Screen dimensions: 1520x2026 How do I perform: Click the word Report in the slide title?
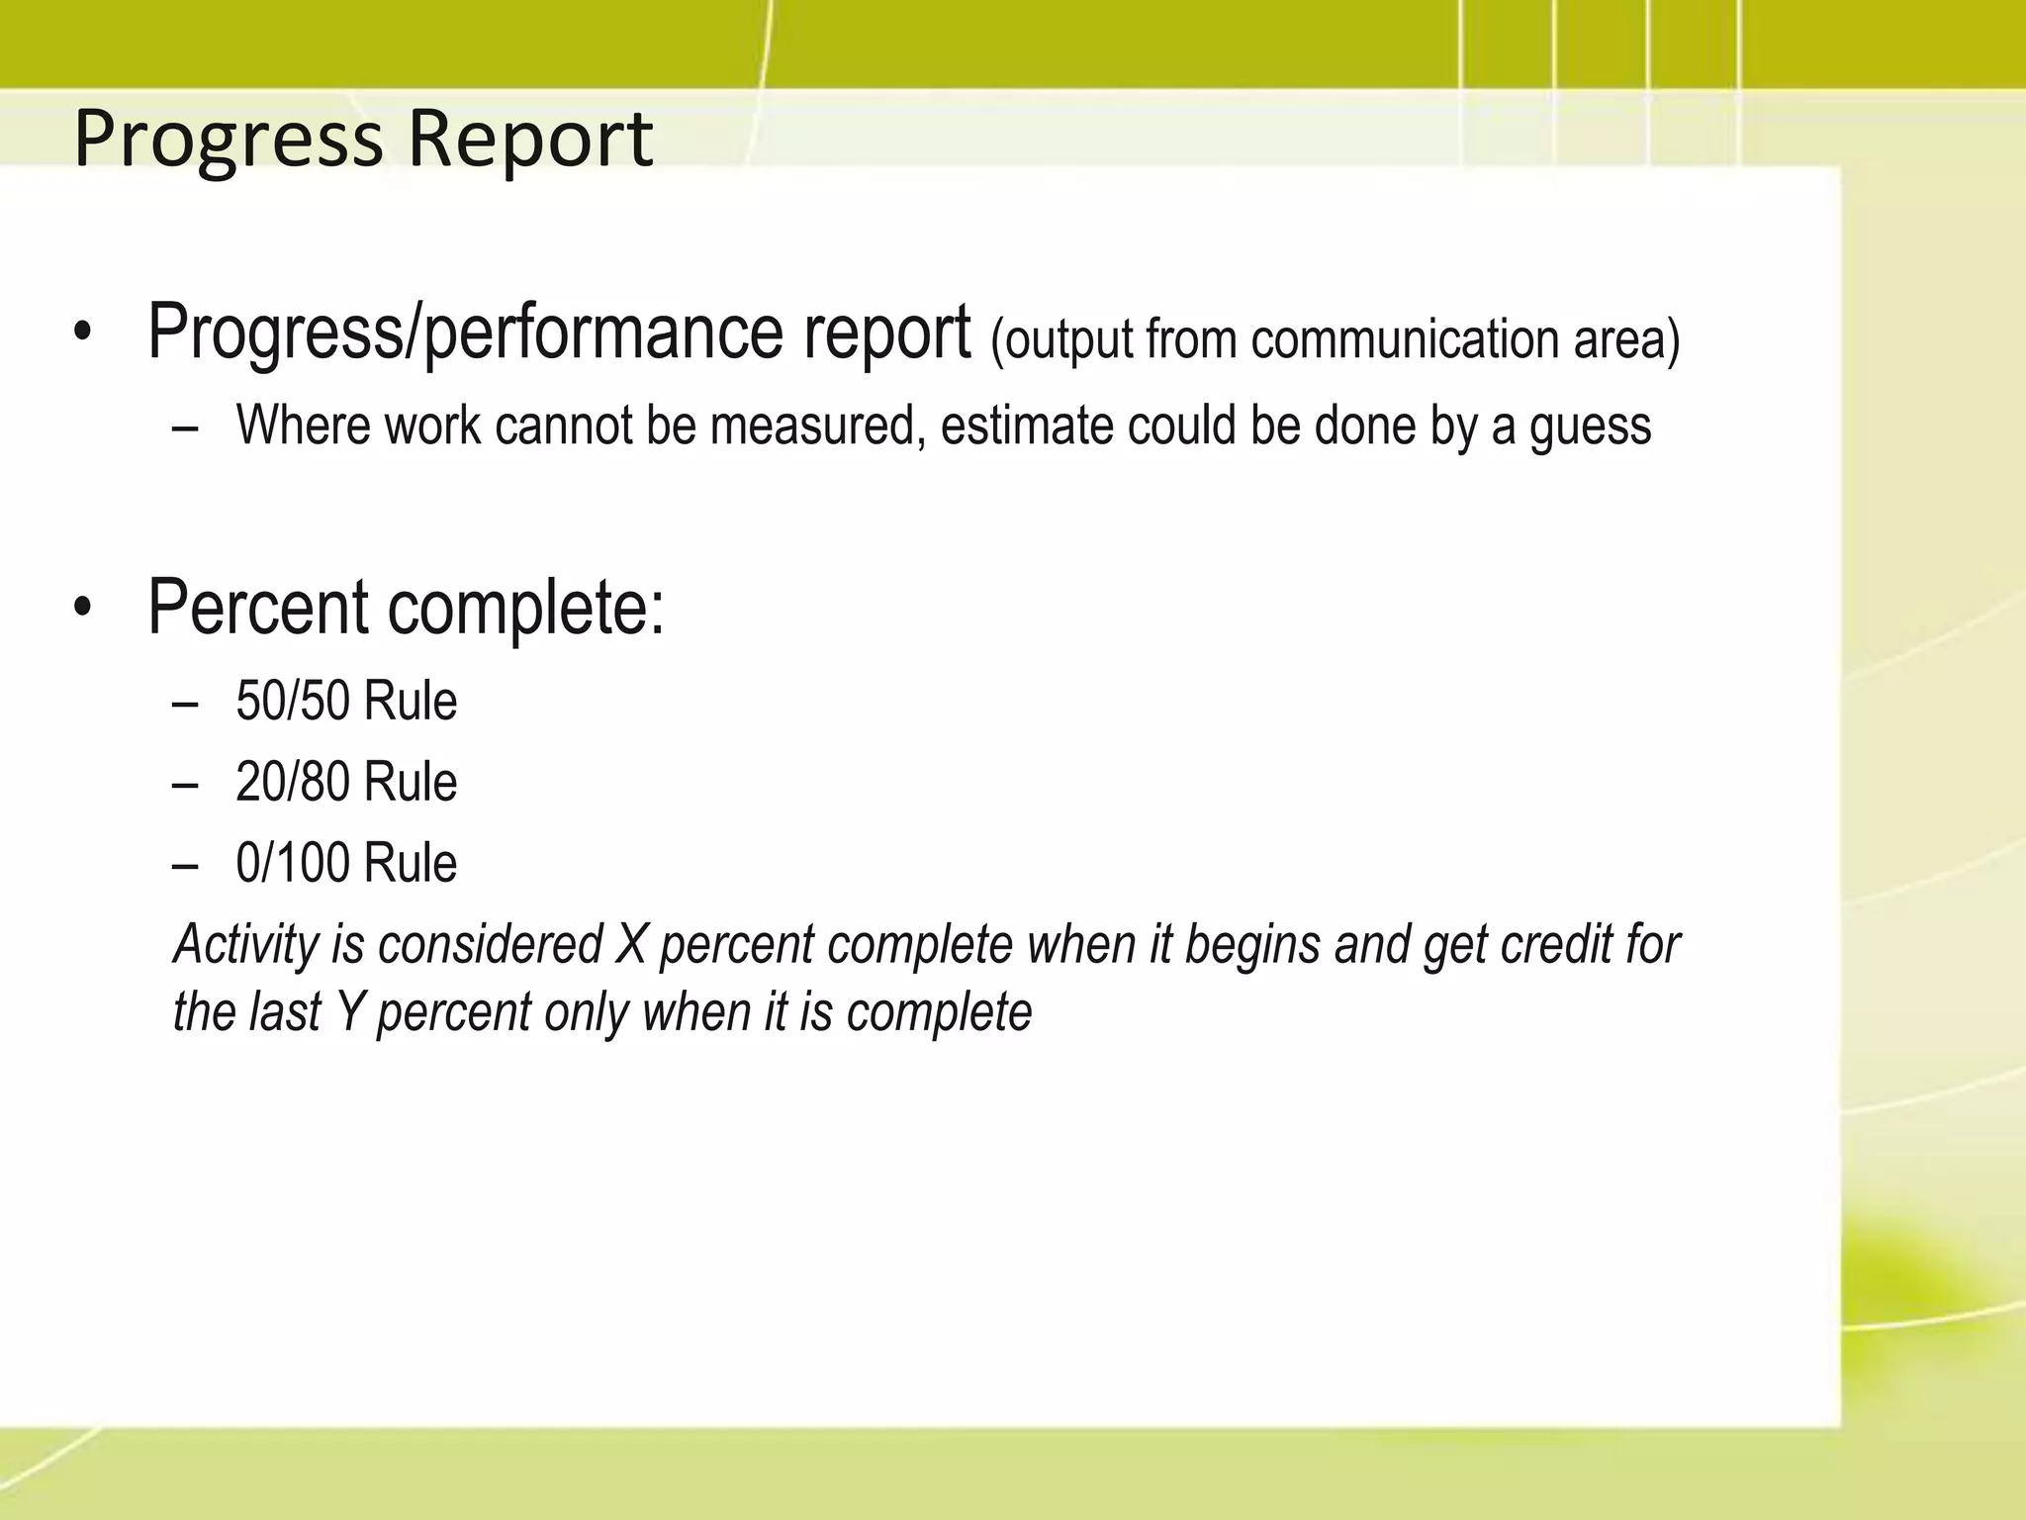530,140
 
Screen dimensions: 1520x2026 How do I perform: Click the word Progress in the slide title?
228,140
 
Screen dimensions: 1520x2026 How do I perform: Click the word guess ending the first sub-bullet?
1590,427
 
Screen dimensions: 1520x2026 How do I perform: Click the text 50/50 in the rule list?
293,702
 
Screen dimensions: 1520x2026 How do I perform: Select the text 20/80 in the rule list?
293,783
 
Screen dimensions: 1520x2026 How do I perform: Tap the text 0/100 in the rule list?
293,864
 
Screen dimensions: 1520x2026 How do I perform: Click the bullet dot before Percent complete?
82,608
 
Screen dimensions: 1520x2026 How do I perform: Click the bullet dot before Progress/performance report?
82,333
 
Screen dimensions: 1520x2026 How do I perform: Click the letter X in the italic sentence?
631,944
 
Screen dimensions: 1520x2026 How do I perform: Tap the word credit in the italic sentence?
1556,944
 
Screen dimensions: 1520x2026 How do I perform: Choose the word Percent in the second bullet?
258,607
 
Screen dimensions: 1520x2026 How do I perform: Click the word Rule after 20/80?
411,783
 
